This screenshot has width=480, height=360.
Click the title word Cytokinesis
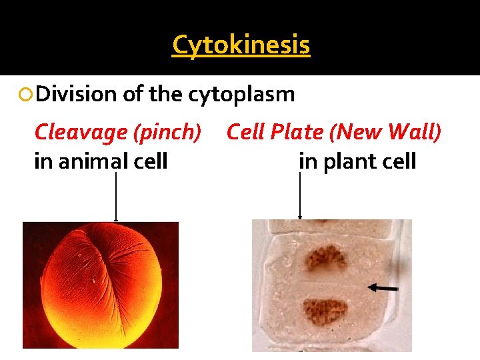tap(241, 45)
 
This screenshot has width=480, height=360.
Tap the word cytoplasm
tap(241, 95)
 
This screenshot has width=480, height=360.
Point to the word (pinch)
tap(168, 132)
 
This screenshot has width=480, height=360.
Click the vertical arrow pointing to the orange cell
tap(116, 197)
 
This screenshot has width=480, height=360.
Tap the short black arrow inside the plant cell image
tap(383, 288)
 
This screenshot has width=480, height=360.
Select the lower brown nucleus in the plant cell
tap(325, 311)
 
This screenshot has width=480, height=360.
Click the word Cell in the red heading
tap(248, 132)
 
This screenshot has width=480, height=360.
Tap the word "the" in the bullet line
tap(166, 95)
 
